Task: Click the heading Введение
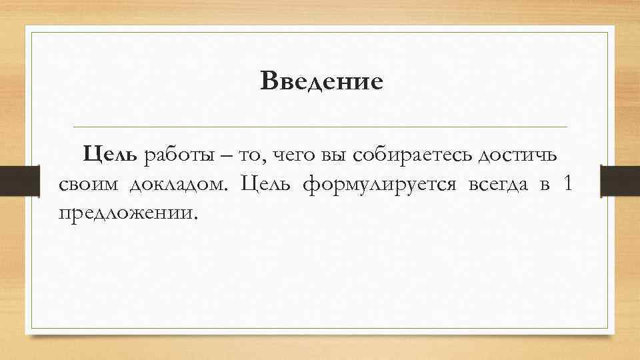[x=322, y=82]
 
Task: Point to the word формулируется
[x=379, y=185]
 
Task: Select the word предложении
[x=128, y=213]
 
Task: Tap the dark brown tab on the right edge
[x=621, y=180]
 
